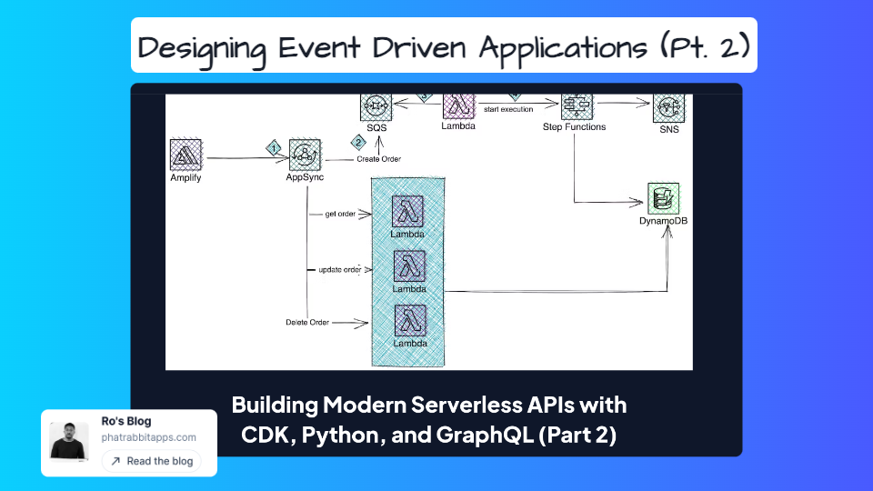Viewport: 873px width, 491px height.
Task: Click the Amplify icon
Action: (x=186, y=155)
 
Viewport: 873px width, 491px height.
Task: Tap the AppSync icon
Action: (x=306, y=155)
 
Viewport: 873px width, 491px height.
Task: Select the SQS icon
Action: (x=375, y=106)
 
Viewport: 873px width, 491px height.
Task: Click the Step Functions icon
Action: (x=577, y=105)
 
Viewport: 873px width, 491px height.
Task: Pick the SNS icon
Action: (x=669, y=107)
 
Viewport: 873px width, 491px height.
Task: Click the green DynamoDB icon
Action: (x=663, y=198)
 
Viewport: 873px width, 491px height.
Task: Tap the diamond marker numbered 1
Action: (x=272, y=147)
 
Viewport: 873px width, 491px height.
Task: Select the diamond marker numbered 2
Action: (x=358, y=143)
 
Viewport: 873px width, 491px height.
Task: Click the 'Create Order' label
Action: (x=378, y=159)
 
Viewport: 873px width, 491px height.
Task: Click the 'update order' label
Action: (x=340, y=270)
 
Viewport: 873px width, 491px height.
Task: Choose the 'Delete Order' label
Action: (x=307, y=322)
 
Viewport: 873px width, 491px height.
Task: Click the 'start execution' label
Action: (x=508, y=109)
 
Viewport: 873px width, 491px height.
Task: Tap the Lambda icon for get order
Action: (x=408, y=212)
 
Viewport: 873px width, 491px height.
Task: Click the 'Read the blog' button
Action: (x=151, y=461)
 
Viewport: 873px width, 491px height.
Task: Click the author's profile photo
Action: (x=69, y=440)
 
